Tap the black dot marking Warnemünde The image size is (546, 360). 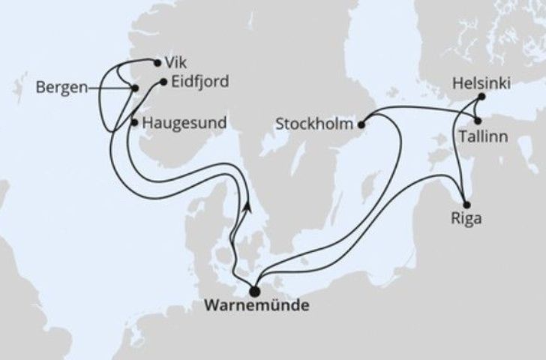click(x=254, y=291)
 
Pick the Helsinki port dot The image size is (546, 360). click(x=481, y=97)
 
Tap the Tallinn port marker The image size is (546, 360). click(x=477, y=120)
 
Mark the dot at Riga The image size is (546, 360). click(x=466, y=205)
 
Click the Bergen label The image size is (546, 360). click(x=60, y=88)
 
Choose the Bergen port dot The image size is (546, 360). click(x=134, y=88)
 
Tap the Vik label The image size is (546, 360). click(x=172, y=64)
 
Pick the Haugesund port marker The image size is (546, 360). click(x=134, y=121)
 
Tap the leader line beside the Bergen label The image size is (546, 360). click(x=108, y=88)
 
